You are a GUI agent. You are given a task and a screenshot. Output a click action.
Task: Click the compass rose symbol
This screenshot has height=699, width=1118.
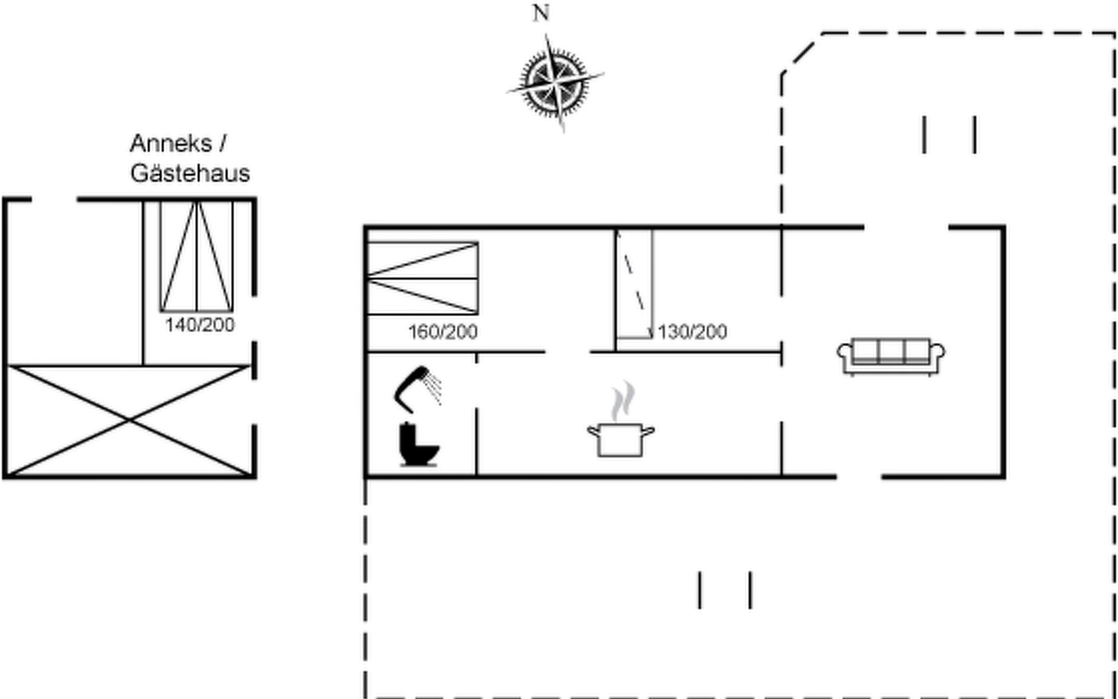554,83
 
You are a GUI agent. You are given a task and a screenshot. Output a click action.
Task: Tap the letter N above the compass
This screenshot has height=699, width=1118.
541,13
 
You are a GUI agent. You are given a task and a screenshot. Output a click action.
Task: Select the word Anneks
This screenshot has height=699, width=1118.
171,143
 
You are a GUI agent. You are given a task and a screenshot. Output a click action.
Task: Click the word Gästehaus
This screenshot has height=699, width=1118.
190,173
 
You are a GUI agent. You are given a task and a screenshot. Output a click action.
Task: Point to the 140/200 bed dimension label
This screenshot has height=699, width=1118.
200,325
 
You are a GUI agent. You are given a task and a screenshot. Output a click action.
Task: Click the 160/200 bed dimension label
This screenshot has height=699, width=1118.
443,332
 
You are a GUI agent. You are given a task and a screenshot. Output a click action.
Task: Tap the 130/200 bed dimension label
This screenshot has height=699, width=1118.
692,332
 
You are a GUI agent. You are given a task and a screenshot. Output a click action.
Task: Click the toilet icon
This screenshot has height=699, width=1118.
419,444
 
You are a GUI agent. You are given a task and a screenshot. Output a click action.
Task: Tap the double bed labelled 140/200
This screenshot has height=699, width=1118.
197,256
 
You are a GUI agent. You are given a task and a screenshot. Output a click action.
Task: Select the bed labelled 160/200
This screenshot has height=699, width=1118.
423,278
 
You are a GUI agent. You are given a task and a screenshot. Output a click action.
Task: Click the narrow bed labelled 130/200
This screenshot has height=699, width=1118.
635,284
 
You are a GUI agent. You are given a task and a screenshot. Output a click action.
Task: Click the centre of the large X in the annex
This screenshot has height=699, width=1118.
129,419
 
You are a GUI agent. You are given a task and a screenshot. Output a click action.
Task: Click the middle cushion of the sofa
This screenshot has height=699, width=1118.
891,351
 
